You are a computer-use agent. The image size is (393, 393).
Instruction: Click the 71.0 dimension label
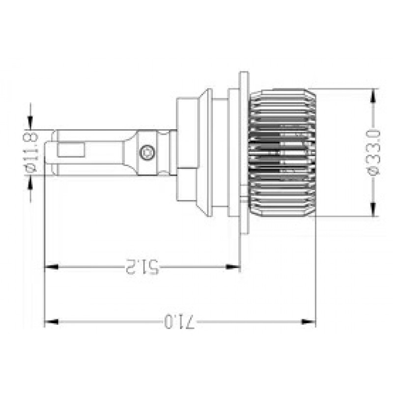click(179, 322)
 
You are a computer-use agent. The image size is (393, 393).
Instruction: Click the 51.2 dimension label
click(142, 267)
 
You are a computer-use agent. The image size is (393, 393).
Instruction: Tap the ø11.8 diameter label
click(31, 152)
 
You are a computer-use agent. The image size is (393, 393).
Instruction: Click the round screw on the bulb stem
click(147, 152)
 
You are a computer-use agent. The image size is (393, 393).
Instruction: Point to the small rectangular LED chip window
click(70, 150)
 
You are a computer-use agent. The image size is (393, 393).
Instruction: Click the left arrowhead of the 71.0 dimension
click(52, 322)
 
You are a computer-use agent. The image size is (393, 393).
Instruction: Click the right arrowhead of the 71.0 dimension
click(309, 322)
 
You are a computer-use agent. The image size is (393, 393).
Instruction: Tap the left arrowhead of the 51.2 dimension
click(52, 267)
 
